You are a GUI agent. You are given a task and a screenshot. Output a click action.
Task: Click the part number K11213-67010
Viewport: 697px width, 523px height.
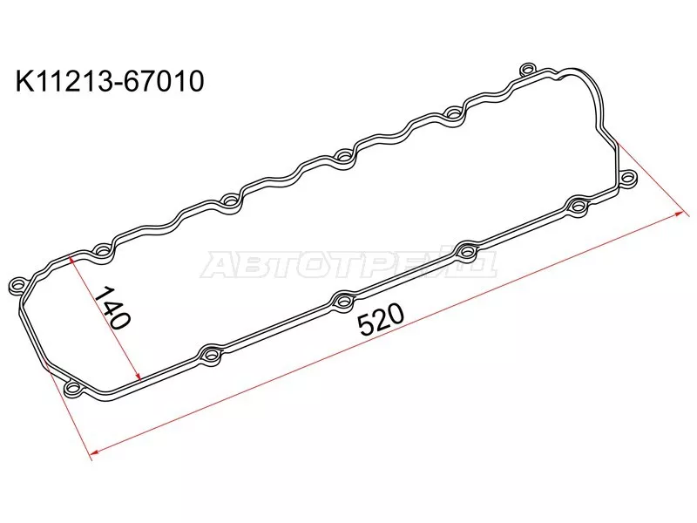click(110, 82)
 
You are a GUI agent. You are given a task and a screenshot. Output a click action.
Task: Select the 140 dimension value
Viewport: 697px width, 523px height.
click(113, 307)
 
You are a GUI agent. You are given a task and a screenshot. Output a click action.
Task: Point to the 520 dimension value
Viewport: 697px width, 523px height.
click(381, 319)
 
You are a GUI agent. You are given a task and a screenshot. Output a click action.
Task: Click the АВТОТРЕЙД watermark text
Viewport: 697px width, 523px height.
click(348, 265)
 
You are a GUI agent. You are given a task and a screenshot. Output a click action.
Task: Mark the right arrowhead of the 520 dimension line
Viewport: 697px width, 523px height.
click(679, 214)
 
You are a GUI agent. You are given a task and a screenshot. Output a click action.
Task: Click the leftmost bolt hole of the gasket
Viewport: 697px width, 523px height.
click(17, 284)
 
